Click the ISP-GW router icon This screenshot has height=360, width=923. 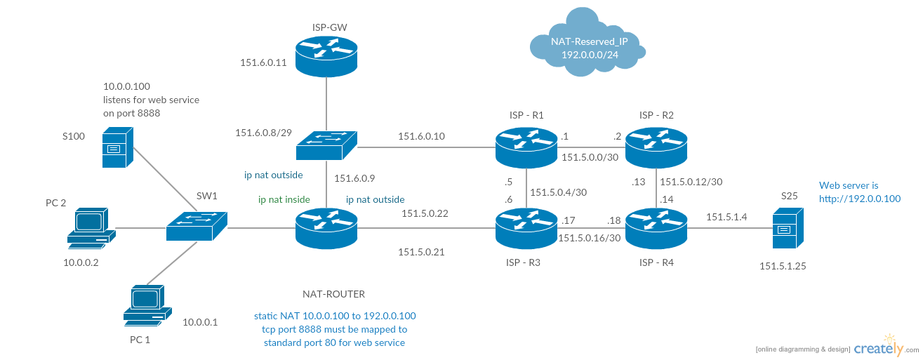326,58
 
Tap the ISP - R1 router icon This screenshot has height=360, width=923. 526,145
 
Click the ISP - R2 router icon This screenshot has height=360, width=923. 656,145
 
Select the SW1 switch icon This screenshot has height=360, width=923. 197,225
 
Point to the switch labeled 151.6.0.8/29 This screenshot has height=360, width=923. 326,145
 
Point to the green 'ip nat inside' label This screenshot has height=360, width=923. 284,199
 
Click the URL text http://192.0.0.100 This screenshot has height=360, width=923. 860,199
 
